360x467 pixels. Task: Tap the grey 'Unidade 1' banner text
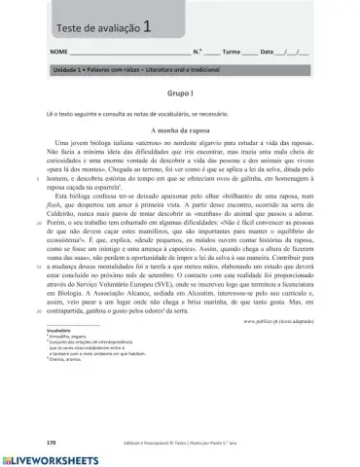pyautogui.click(x=126, y=71)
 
